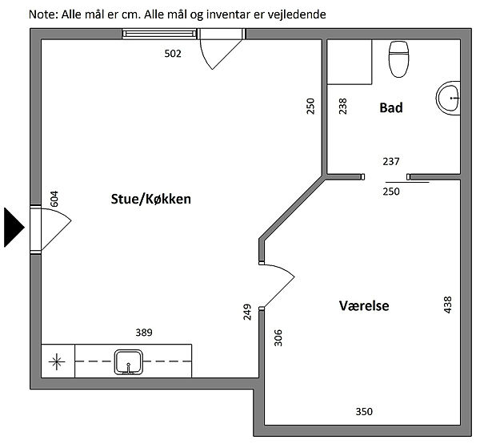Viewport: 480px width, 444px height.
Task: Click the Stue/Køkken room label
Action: (150, 200)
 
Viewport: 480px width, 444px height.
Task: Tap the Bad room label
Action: (391, 108)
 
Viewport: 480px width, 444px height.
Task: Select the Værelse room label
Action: (364, 305)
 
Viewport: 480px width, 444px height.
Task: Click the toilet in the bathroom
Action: (398, 59)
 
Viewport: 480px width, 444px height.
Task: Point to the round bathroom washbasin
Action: (448, 98)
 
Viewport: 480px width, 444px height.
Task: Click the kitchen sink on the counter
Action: (129, 361)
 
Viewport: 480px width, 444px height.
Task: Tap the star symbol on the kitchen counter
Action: (57, 361)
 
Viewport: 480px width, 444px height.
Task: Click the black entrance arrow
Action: (14, 228)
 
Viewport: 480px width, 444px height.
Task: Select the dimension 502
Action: (173, 54)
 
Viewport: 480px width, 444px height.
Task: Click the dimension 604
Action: (54, 199)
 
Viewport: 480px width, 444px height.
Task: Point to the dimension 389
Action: (144, 333)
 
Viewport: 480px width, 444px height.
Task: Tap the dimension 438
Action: (447, 305)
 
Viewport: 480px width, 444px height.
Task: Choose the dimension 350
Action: (364, 411)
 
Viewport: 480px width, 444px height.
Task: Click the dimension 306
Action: (278, 337)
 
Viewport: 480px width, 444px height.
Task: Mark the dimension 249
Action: (247, 312)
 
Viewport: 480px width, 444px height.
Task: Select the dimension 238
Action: (343, 106)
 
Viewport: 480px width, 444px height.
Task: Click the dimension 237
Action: (391, 161)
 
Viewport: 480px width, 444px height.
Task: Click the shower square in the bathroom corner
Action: (350, 62)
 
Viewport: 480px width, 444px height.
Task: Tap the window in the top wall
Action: (159, 34)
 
